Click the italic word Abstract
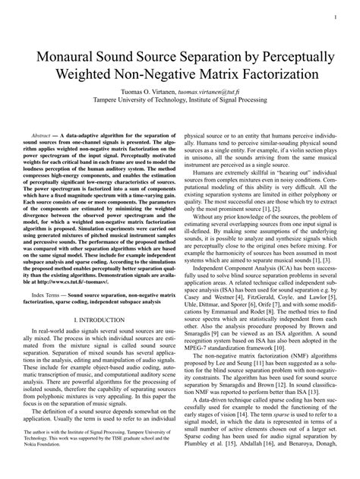(46, 133)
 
